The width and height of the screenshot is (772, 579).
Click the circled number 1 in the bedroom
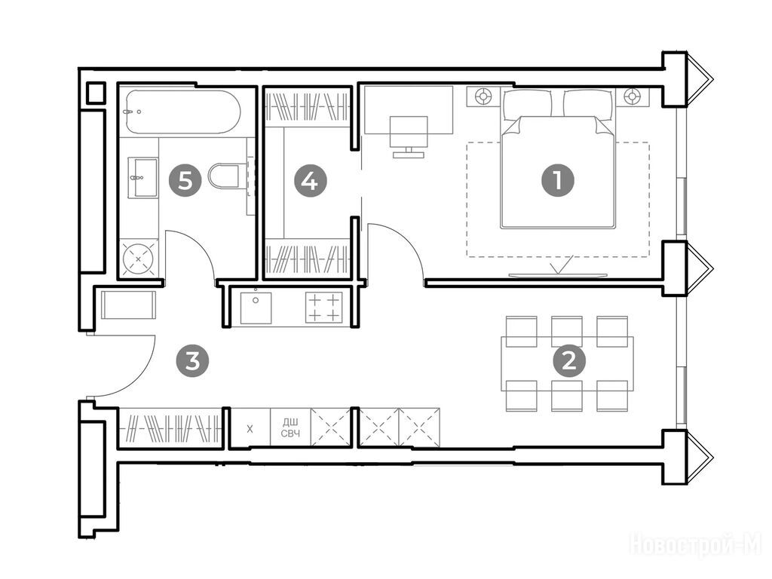pyautogui.click(x=558, y=181)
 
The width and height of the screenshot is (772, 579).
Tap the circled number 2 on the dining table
pyautogui.click(x=570, y=362)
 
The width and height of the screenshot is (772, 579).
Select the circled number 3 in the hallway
pyautogui.click(x=192, y=361)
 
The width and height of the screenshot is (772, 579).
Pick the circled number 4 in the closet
pyautogui.click(x=310, y=181)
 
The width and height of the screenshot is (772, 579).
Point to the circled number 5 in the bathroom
pyautogui.click(x=185, y=181)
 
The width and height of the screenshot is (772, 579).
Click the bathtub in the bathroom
pyautogui.click(x=182, y=112)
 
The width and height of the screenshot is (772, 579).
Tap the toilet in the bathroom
pyautogui.click(x=227, y=176)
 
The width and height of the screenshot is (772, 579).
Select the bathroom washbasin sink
pyautogui.click(x=142, y=177)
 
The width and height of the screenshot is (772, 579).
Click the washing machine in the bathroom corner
pyautogui.click(x=139, y=258)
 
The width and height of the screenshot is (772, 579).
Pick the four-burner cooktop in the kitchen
pyautogui.click(x=323, y=308)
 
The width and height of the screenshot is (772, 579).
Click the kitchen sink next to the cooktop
pyautogui.click(x=256, y=308)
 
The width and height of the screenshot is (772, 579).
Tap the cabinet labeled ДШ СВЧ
pyautogui.click(x=290, y=427)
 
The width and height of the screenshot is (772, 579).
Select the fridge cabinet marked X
pyautogui.click(x=250, y=427)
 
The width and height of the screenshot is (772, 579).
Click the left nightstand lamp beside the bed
pyautogui.click(x=483, y=96)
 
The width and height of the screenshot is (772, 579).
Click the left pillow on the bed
pyautogui.click(x=527, y=103)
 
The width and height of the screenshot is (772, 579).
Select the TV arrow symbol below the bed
pyautogui.click(x=558, y=266)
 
